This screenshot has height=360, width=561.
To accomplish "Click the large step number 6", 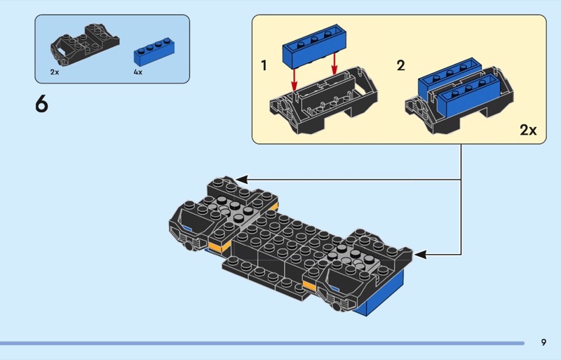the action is click(x=41, y=105).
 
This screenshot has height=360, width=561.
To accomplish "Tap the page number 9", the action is click(x=543, y=342).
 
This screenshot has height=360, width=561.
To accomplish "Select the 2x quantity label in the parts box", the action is click(x=55, y=72).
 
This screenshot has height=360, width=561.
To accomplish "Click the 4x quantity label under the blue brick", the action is click(x=137, y=72).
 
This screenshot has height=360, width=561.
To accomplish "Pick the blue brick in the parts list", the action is click(x=154, y=52).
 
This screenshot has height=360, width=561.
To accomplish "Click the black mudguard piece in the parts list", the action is click(x=85, y=45).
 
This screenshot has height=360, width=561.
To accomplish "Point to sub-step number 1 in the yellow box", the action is click(x=264, y=65).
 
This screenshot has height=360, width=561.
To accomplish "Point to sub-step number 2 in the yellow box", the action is click(x=400, y=65).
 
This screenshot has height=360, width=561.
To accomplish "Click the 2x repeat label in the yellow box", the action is click(x=529, y=130).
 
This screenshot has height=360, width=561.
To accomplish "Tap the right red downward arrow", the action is click(x=334, y=65).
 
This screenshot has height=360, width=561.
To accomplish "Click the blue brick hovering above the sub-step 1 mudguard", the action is click(x=314, y=46).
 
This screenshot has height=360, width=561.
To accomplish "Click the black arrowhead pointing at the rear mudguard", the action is click(x=241, y=180).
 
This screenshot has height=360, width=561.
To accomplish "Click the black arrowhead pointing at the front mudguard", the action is click(x=419, y=255).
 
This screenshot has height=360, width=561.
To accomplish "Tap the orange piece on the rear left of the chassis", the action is click(x=219, y=246).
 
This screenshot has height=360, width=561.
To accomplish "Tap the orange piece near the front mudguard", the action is click(x=311, y=286).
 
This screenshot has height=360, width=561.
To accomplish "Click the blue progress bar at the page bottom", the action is click(x=262, y=343).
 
